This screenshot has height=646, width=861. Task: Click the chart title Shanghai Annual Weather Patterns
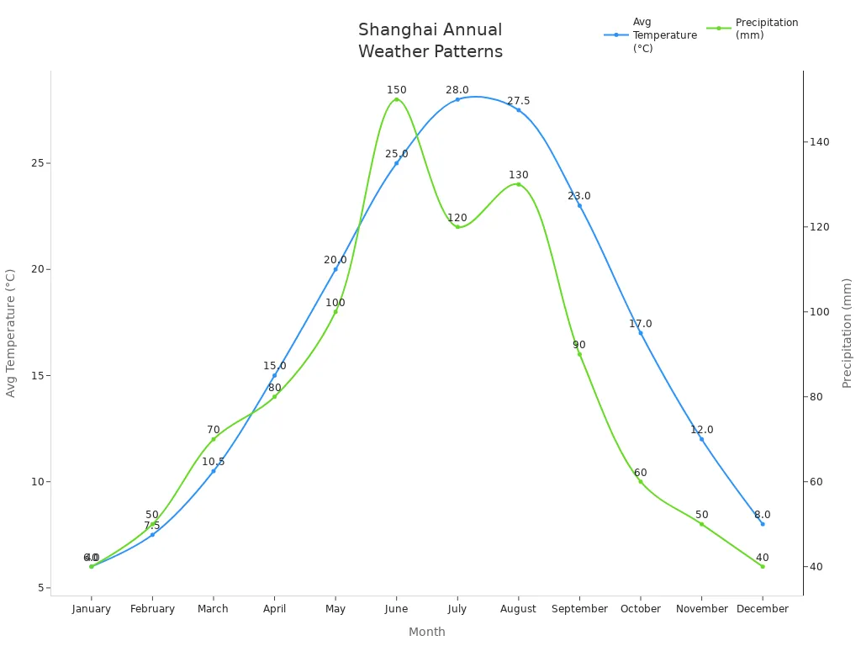[430, 40]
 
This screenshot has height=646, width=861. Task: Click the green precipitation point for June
[396, 99]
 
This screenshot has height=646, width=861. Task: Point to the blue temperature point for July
[457, 99]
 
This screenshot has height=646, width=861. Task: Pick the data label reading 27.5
[518, 101]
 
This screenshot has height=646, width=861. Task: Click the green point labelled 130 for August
[518, 184]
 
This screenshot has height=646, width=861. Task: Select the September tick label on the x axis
[579, 609]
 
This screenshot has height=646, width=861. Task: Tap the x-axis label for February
[152, 609]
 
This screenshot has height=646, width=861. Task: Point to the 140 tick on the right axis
[818, 142]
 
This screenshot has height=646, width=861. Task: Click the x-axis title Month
[426, 632]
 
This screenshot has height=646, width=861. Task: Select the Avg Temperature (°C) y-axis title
[11, 333]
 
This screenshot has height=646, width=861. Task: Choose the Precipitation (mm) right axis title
[847, 333]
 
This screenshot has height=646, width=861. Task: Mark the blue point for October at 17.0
[640, 333]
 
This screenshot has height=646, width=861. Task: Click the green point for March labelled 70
[214, 439]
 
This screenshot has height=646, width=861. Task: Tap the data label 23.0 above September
[578, 196]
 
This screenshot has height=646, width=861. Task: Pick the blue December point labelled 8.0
[762, 524]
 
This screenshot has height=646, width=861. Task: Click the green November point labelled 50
[701, 524]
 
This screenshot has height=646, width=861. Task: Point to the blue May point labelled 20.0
[335, 269]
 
